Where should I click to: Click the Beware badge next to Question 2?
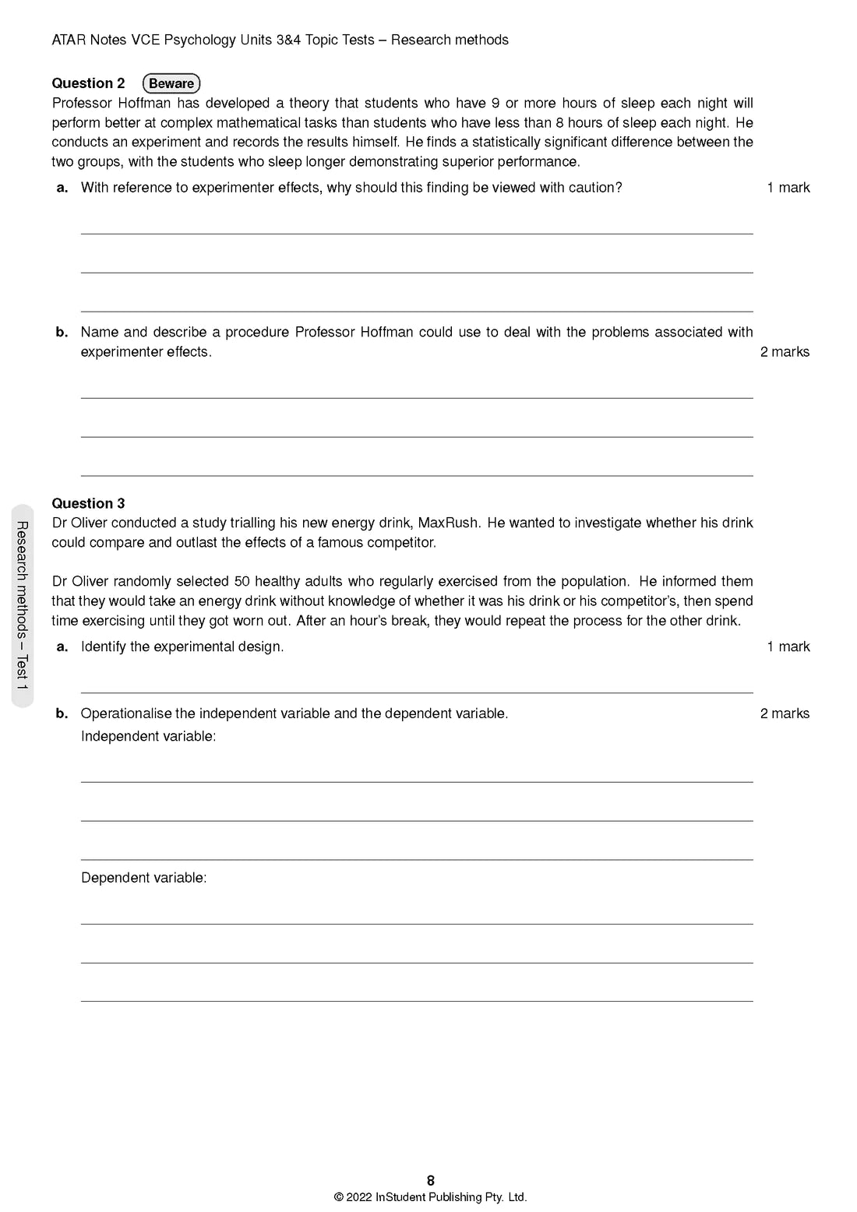[x=171, y=83]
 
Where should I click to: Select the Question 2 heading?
[x=88, y=83]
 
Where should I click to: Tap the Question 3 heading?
[x=88, y=503]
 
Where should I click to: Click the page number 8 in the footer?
[x=431, y=1181]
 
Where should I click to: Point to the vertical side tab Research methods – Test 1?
[x=23, y=606]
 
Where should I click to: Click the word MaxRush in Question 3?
[x=450, y=523]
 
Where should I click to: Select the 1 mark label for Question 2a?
[x=788, y=187]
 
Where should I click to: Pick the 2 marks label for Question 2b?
[x=785, y=352]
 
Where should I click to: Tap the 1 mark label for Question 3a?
[x=788, y=647]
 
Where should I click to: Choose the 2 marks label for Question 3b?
[x=785, y=713]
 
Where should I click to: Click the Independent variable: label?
[x=148, y=737]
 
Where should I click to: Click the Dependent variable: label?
[x=144, y=878]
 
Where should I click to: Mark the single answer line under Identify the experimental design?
[x=417, y=692]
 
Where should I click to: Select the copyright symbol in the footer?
[x=338, y=1198]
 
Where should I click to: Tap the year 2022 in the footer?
[x=358, y=1198]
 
